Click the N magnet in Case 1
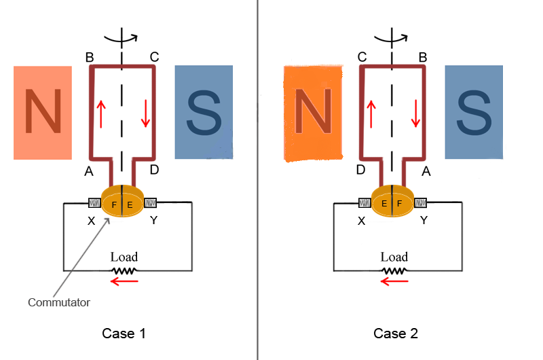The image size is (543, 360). tap(42, 112)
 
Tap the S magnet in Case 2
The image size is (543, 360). tap(474, 112)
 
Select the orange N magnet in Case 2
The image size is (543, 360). tap(313, 113)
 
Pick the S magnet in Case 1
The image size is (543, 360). tap(204, 112)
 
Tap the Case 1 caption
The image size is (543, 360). tap(124, 334)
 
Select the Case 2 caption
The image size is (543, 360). tap(396, 334)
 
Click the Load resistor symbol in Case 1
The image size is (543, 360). tap(124, 270)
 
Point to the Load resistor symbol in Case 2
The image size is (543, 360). tap(394, 270)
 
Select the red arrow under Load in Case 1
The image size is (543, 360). tap(124, 281)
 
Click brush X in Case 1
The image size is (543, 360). tap(94, 202)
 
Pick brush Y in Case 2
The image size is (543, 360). tap(421, 202)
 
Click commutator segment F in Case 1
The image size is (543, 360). tap(114, 203)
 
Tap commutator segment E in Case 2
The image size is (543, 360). tap(384, 203)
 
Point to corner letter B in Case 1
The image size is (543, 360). tap(90, 57)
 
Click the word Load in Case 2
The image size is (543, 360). tap(394, 257)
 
